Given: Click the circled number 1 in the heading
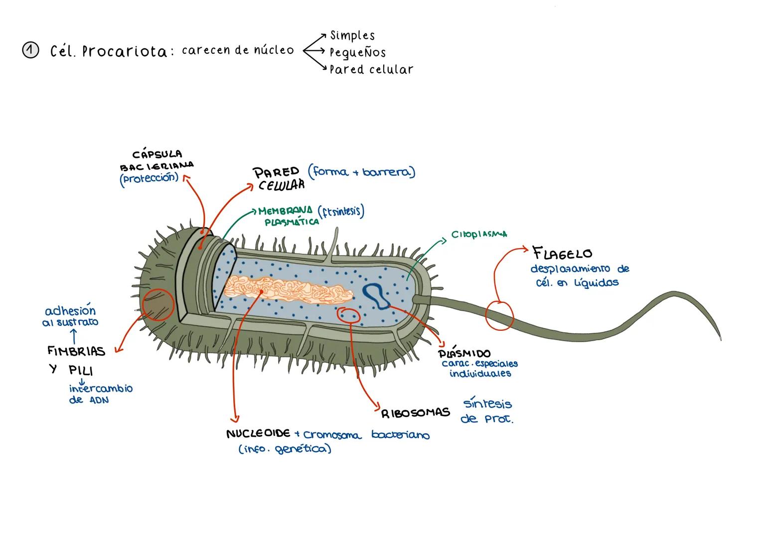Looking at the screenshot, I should click(30, 51).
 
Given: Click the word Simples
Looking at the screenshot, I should click(352, 35).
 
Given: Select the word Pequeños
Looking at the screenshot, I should click(357, 52).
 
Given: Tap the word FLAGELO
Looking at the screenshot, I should click(563, 253).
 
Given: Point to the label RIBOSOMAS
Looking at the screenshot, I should click(416, 413).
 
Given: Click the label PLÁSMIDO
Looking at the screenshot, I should click(464, 354).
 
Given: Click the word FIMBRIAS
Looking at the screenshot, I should click(76, 351).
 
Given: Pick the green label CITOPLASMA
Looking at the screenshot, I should click(479, 234).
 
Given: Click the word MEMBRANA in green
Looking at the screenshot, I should click(286, 211).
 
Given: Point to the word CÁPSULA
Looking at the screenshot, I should click(157, 154).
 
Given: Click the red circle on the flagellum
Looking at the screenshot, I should click(499, 315).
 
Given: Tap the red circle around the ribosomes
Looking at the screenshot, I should click(349, 315).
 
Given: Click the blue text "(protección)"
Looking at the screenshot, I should click(149, 178).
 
